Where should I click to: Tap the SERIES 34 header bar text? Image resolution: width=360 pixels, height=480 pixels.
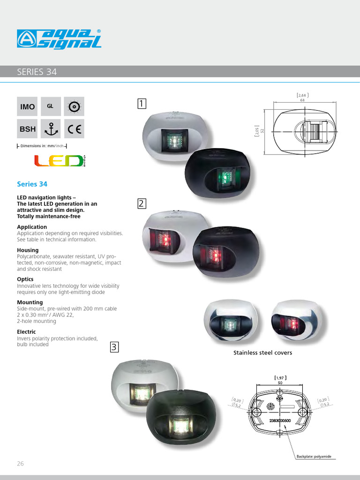click(x=37, y=72)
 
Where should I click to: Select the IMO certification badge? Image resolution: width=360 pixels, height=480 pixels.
click(x=28, y=106)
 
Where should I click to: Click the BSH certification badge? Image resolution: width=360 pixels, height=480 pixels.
click(x=28, y=128)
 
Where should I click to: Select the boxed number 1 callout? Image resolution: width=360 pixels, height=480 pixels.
click(x=142, y=103)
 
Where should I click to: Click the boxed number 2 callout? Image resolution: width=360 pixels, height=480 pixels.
click(x=142, y=203)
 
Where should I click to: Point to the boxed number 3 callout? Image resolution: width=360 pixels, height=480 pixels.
click(x=115, y=347)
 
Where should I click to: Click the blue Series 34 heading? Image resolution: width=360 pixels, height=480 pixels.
click(x=32, y=184)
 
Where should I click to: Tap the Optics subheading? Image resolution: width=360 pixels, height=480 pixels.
click(x=25, y=279)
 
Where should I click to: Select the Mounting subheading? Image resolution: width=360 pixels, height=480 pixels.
click(x=30, y=302)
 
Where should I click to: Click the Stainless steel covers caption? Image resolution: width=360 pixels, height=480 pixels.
click(x=262, y=352)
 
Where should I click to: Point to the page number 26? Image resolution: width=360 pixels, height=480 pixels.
click(x=20, y=464)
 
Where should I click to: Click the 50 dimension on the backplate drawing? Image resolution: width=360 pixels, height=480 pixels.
click(x=280, y=383)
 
